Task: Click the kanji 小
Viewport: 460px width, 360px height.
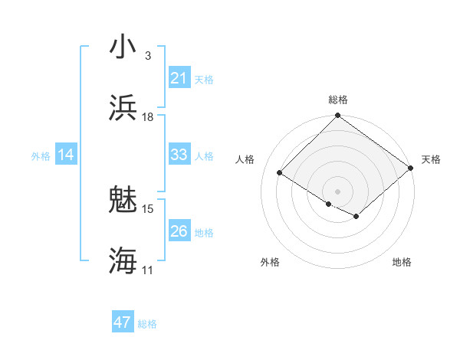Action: pos(123,46)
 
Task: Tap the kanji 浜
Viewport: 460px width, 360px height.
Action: pos(123,107)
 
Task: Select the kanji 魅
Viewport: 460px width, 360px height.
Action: pos(123,199)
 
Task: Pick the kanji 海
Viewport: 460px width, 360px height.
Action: pos(123,260)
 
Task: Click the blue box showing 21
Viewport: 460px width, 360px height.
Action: pos(179,78)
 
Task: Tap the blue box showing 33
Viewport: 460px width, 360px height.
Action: pos(179,155)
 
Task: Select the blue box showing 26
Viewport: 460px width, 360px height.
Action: pos(179,231)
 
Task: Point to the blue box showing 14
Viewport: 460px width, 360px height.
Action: pos(66,155)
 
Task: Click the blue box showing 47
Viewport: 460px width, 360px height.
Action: pos(123,322)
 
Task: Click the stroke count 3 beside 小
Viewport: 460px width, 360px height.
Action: pos(148,55)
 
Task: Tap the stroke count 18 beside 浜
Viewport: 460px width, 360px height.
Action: pos(148,116)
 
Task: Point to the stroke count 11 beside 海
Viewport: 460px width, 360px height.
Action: pos(148,270)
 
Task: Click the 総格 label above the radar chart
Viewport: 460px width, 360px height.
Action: pos(338,100)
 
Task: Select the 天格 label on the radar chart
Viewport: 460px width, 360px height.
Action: pos(432,159)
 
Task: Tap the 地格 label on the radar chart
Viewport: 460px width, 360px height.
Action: pos(402,262)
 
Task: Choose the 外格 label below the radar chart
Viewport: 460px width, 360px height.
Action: pos(270,262)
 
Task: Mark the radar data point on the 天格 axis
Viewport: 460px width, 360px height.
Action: pos(411,168)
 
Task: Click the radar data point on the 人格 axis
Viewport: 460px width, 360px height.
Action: pos(280,172)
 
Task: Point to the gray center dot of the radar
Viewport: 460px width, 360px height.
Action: pos(338,191)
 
